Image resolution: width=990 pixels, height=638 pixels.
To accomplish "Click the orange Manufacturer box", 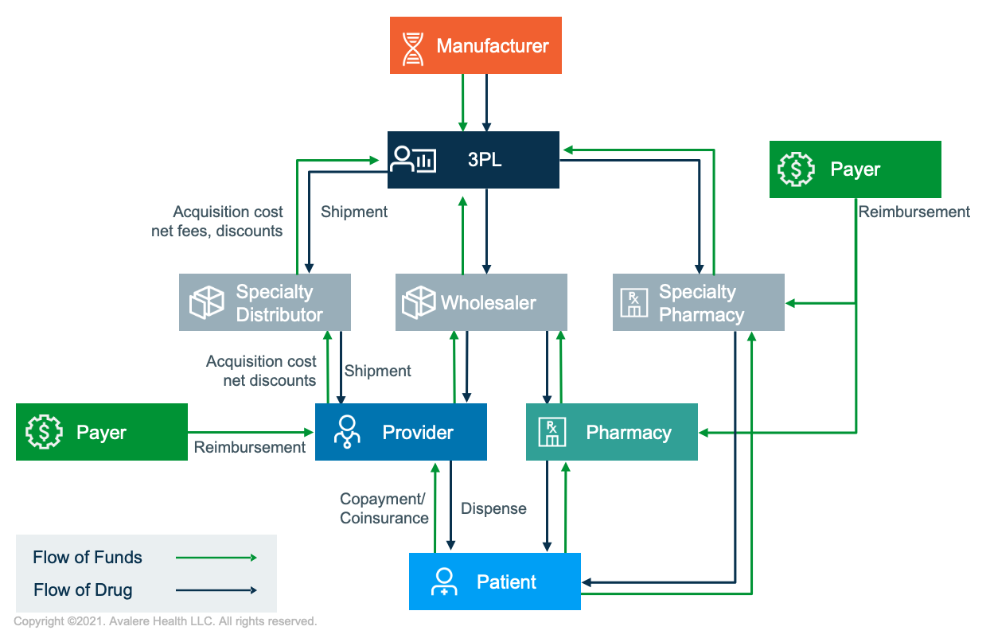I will (x=476, y=46).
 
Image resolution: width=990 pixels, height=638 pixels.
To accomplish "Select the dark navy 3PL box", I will (x=474, y=160).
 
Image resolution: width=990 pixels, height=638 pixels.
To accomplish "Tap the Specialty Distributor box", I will (x=265, y=303).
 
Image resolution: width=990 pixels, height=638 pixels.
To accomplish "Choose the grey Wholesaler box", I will (x=481, y=302).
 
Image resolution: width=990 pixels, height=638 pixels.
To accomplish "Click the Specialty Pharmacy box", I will (x=699, y=303).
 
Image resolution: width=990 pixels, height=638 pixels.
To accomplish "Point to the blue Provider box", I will (x=401, y=432).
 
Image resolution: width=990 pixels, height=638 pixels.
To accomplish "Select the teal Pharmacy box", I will (x=612, y=432).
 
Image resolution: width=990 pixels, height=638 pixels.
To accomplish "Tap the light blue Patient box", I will (x=495, y=582).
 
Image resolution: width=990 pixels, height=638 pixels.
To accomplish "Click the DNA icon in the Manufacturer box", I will (x=413, y=47).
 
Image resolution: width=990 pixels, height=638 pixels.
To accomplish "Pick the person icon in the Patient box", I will (x=443, y=582).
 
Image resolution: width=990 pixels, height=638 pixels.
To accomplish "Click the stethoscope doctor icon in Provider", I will (x=347, y=432).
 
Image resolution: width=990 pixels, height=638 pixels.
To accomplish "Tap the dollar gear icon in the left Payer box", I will (x=44, y=432).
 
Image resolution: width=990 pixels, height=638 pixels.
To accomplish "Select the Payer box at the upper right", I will (x=856, y=169).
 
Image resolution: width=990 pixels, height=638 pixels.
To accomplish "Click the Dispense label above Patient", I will (x=493, y=509).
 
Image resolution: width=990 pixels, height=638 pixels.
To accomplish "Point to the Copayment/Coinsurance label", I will (x=384, y=509).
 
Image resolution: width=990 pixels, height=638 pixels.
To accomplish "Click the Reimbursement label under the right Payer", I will (x=914, y=212).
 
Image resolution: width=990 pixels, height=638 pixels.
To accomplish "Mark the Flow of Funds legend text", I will (x=88, y=558).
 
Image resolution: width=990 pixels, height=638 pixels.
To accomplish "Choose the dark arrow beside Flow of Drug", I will (x=216, y=590).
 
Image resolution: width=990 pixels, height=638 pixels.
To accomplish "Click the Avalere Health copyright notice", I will (x=166, y=621).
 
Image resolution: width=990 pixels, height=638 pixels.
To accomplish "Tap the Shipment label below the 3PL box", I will (x=354, y=212).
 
